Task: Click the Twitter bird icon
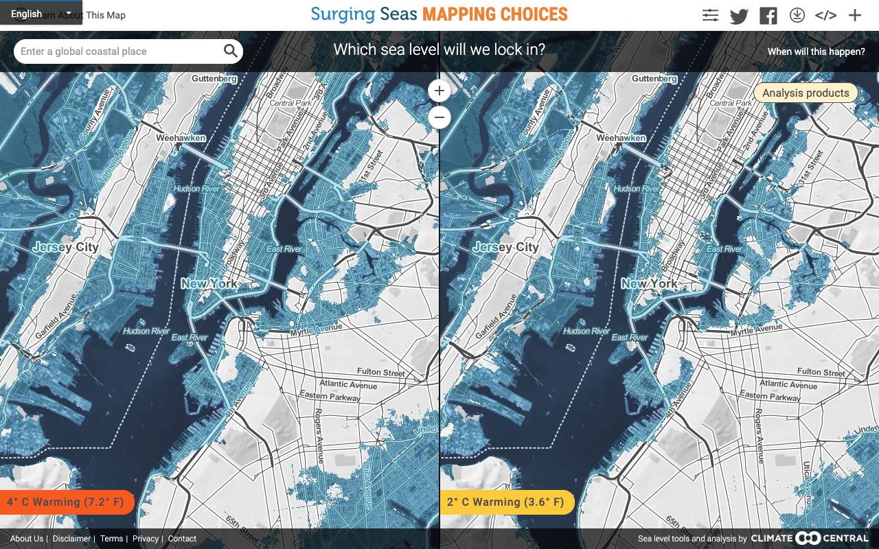coord(739,16)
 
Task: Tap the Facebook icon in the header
coord(768,16)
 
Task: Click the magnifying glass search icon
coord(230,51)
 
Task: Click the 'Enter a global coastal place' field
coord(117,51)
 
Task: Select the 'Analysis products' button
coord(806,93)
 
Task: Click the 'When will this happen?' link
coord(816,51)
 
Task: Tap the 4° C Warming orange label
coord(65,502)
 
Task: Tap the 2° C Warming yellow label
coord(505,502)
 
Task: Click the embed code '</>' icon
coord(825,16)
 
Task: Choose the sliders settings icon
coord(710,16)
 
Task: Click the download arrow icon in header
coord(797,15)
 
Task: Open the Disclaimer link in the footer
coord(71,539)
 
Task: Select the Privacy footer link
coord(145,539)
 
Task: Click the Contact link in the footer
coord(182,539)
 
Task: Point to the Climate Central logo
coord(810,539)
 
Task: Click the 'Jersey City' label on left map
coord(66,247)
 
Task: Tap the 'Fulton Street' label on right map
coord(821,372)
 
